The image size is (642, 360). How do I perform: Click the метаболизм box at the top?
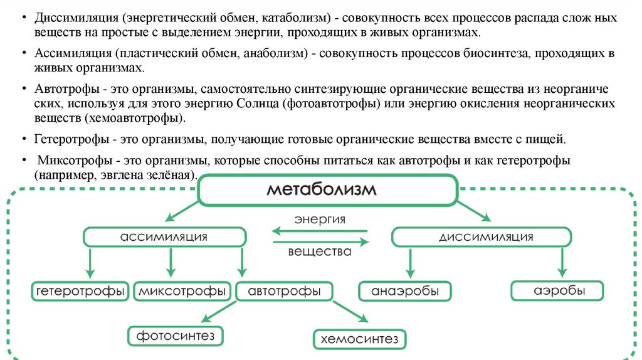coord(327,190)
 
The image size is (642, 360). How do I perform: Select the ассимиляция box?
coord(164,237)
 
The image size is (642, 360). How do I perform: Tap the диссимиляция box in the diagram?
coord(481,237)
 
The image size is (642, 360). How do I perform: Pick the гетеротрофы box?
coord(79,292)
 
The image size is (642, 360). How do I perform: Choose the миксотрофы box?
coord(182,292)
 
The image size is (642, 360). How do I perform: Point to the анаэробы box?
coord(405,292)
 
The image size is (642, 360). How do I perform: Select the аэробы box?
coord(557,292)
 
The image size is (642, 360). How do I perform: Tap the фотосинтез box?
coord(176,336)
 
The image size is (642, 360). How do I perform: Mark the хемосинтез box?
coord(360,339)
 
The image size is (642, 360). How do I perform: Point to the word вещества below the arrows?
coord(320,252)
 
